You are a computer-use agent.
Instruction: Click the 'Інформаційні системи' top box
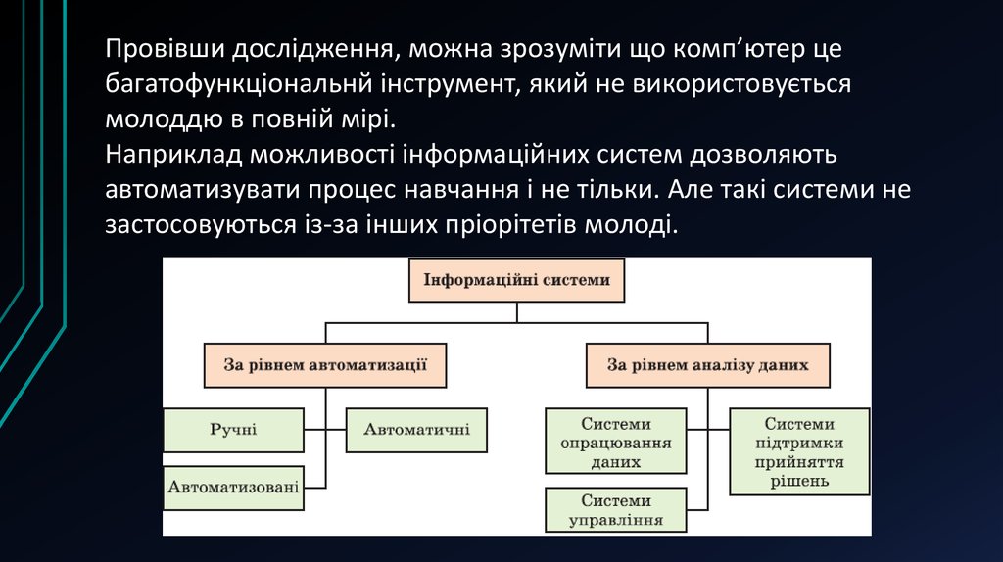pyautogui.click(x=516, y=280)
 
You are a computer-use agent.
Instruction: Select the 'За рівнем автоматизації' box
pyautogui.click(x=324, y=365)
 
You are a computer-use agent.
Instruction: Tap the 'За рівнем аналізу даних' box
pyautogui.click(x=707, y=365)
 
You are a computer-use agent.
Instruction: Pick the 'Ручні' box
pyautogui.click(x=233, y=430)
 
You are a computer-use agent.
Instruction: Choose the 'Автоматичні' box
pyautogui.click(x=416, y=430)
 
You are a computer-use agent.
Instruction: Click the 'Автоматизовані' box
pyautogui.click(x=233, y=487)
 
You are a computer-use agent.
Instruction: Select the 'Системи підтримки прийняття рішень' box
pyautogui.click(x=799, y=451)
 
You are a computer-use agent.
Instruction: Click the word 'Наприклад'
pyautogui.click(x=173, y=154)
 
